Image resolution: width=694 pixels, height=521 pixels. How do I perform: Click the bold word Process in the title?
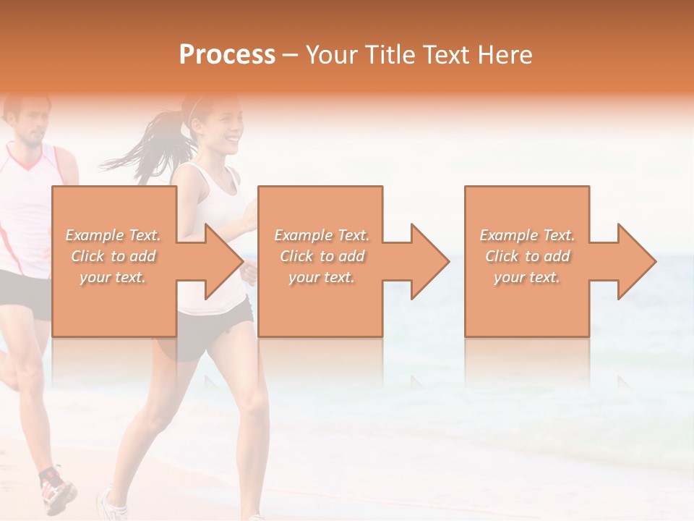[227, 55]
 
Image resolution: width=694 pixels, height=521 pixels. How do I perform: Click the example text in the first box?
[113, 256]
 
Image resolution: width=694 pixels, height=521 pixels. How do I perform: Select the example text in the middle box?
[321, 256]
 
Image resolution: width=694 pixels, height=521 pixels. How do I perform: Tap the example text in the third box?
[527, 256]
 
